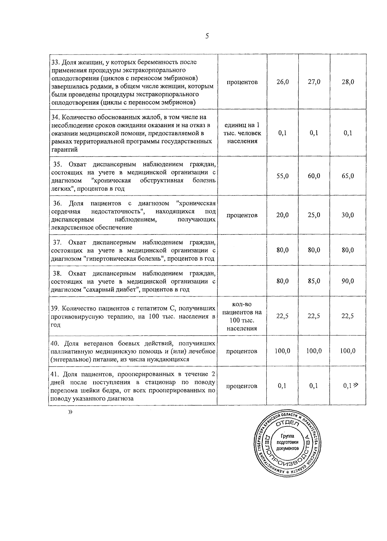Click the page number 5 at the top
tap(207, 36)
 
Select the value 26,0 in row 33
tap(283, 82)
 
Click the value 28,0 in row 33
tap(348, 82)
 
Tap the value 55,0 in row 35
tap(283, 176)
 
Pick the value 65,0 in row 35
tap(348, 176)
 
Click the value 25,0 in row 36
tap(314, 215)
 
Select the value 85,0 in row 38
tap(314, 281)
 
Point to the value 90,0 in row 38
tap(348, 281)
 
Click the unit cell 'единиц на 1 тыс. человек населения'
tap(242, 133)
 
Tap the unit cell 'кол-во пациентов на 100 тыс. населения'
tap(242, 316)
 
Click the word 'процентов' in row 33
tap(242, 82)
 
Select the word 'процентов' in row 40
tap(242, 351)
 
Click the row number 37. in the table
tap(57, 242)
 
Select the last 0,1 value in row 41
tap(347, 386)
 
